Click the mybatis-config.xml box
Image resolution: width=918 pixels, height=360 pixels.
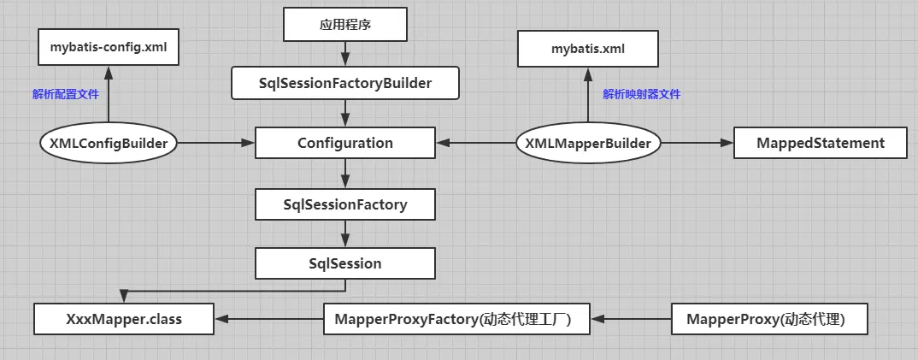point(109,48)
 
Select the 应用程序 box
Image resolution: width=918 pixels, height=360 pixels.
point(344,26)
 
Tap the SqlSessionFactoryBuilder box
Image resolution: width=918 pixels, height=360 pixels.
point(344,83)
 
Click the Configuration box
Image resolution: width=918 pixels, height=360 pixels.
point(344,143)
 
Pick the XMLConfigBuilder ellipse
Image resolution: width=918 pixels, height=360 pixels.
point(109,143)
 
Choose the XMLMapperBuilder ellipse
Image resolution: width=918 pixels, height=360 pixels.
point(588,143)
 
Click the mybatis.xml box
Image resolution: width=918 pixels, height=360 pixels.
point(588,49)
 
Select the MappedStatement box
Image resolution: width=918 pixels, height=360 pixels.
point(820,143)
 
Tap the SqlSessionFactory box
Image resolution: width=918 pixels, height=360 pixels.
point(344,204)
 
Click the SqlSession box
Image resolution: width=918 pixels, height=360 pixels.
point(344,263)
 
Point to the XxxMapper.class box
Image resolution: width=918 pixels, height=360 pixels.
point(124,320)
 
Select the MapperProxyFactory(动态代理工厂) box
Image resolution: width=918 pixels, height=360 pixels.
point(459,320)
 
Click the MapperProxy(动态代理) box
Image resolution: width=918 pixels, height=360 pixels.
point(770,320)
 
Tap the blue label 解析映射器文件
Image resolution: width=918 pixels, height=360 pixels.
point(641,94)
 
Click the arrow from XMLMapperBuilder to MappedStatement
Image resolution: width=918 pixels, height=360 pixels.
point(697,143)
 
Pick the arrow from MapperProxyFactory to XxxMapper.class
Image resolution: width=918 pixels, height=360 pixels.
point(269,320)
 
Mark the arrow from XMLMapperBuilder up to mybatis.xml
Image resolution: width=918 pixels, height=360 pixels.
point(588,98)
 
